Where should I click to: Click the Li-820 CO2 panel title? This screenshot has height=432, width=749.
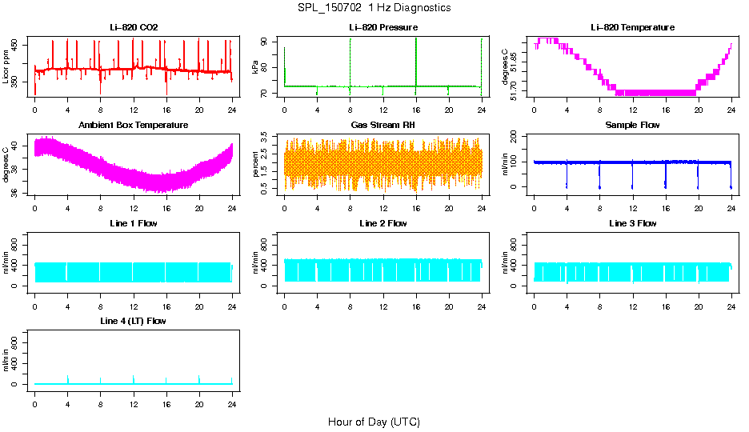pyautogui.click(x=134, y=28)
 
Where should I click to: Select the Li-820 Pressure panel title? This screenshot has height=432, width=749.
pyautogui.click(x=383, y=28)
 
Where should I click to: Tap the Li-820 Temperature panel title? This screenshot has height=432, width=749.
pyautogui.click(x=632, y=28)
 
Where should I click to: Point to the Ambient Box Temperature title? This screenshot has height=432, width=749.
pyautogui.click(x=134, y=126)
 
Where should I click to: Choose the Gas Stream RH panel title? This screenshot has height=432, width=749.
pyautogui.click(x=383, y=126)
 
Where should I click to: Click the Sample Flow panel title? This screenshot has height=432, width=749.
pyautogui.click(x=632, y=126)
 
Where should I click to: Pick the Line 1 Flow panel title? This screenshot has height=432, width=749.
pyautogui.click(x=134, y=223)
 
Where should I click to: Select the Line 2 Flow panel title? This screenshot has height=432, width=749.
pyautogui.click(x=383, y=223)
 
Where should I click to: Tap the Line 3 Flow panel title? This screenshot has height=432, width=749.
pyautogui.click(x=632, y=223)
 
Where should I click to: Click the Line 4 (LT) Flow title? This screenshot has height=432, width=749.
pyautogui.click(x=134, y=321)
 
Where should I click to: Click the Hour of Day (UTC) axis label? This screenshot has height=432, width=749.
pyautogui.click(x=374, y=422)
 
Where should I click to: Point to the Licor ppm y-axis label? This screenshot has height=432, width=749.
pyautogui.click(x=6, y=67)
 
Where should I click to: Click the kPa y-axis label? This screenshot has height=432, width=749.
pyautogui.click(x=256, y=67)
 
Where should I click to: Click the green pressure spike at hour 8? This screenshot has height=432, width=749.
pyautogui.click(x=350, y=60)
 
